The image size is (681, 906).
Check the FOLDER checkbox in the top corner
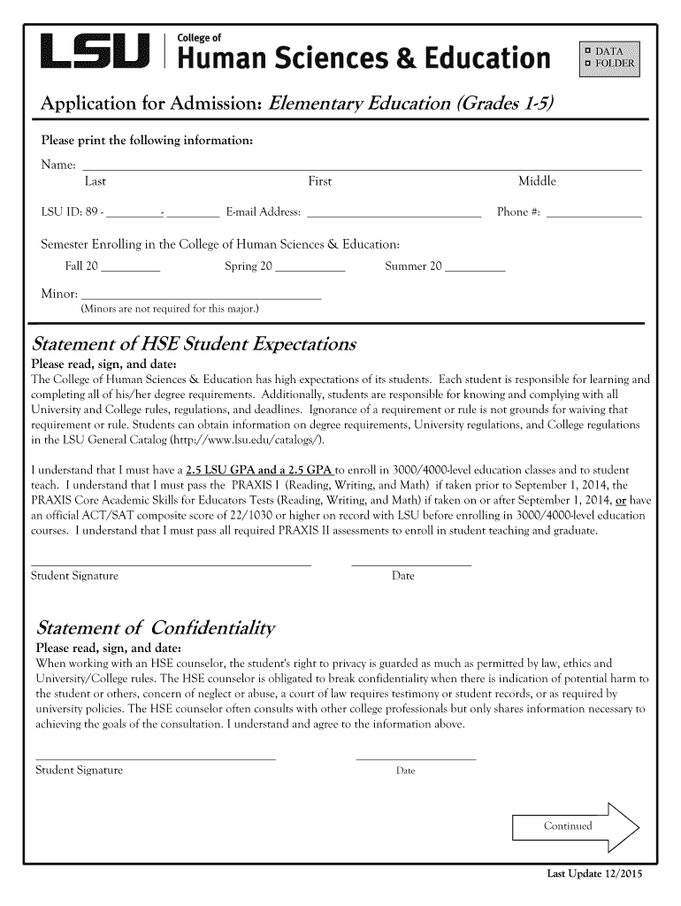tap(586, 63)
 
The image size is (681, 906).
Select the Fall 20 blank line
tap(131, 266)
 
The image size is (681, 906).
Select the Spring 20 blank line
tap(310, 266)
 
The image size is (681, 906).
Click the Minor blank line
tap(200, 296)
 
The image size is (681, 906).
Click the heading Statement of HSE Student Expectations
tap(194, 343)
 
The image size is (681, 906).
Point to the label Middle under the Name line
tap(537, 181)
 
